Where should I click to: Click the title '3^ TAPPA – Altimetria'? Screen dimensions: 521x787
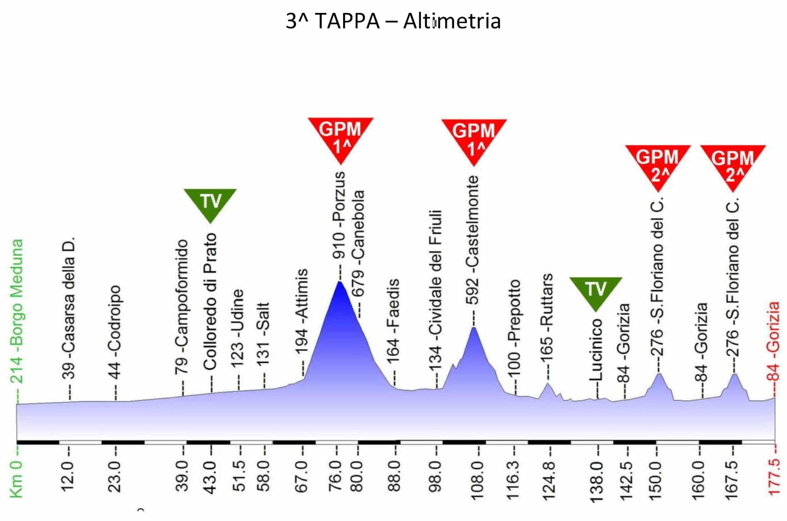pyautogui.click(x=393, y=21)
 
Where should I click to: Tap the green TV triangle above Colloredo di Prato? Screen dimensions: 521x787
pyautogui.click(x=210, y=202)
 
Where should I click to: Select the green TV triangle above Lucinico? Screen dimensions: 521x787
pyautogui.click(x=595, y=290)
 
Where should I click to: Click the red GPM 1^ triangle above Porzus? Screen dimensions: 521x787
pyautogui.click(x=341, y=135)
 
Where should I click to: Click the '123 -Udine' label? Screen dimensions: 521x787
pyautogui.click(x=237, y=329)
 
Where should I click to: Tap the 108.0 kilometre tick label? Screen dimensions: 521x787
pyautogui.click(x=478, y=477)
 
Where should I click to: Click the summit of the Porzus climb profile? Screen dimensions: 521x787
pyautogui.click(x=340, y=282)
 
